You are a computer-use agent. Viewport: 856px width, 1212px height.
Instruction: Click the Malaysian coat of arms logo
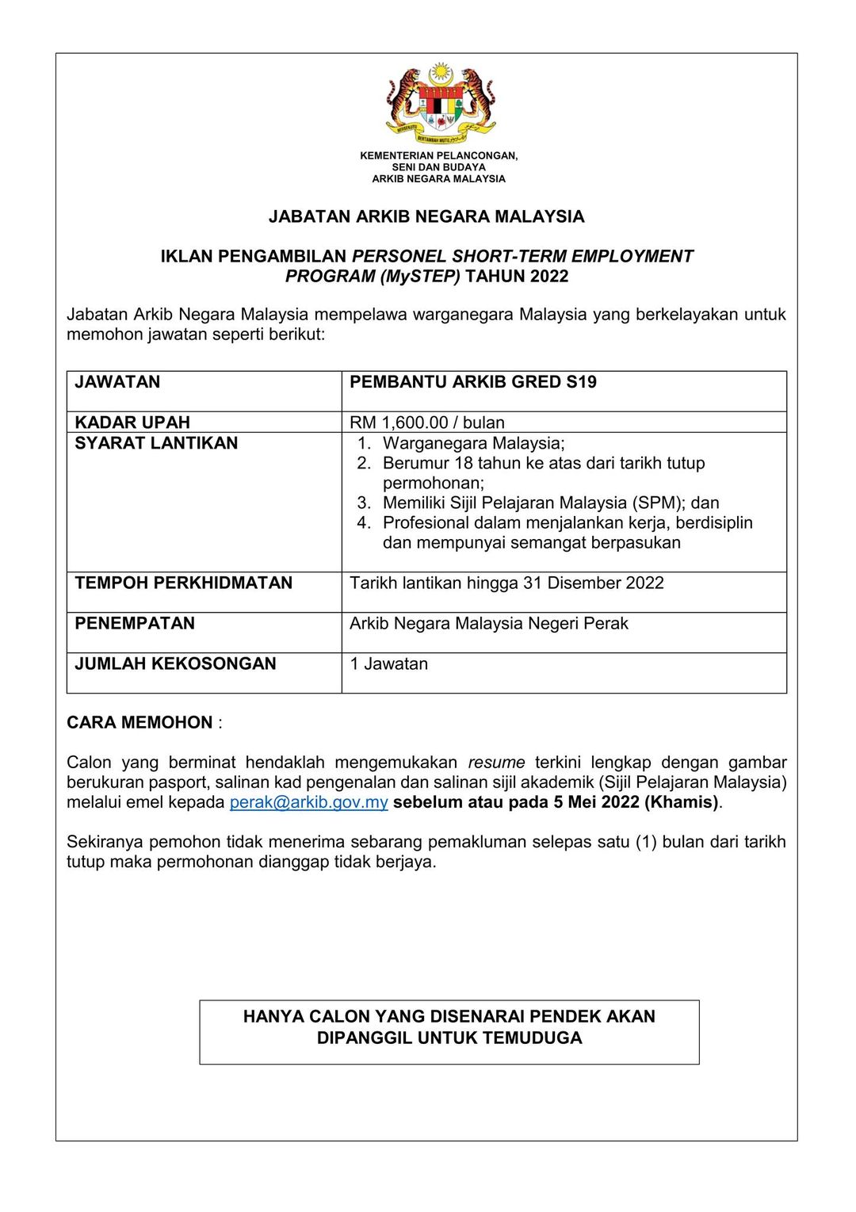click(440, 103)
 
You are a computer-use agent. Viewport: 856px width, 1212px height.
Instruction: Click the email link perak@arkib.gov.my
click(308, 802)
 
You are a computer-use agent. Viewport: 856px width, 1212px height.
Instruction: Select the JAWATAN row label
click(117, 382)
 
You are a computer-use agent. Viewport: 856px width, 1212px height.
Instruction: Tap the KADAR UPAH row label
click(132, 422)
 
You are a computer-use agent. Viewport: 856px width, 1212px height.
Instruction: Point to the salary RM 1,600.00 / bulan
click(426, 422)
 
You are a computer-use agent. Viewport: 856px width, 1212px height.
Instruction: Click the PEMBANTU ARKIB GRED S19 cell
click(472, 382)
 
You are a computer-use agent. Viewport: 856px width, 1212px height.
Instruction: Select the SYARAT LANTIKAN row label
click(156, 443)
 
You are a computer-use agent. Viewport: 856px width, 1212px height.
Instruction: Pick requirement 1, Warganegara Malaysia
click(473, 443)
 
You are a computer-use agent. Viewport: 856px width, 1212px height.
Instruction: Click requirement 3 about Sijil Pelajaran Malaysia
click(550, 503)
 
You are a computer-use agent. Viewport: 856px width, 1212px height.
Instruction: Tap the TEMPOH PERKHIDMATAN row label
click(183, 583)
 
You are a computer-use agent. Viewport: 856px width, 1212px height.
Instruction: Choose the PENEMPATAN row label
click(135, 623)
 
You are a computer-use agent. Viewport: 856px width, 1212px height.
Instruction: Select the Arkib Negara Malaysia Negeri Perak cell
click(488, 623)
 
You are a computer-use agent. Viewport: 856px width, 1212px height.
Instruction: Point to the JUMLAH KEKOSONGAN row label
click(175, 663)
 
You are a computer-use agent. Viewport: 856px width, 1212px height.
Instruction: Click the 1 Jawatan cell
click(388, 663)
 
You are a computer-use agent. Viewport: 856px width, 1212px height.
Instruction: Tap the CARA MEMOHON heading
click(139, 722)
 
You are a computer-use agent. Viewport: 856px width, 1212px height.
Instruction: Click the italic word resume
click(496, 763)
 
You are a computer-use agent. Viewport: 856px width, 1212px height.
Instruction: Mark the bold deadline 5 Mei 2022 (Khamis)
click(636, 802)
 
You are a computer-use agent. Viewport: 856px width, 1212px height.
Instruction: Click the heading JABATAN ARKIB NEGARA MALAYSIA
click(426, 216)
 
